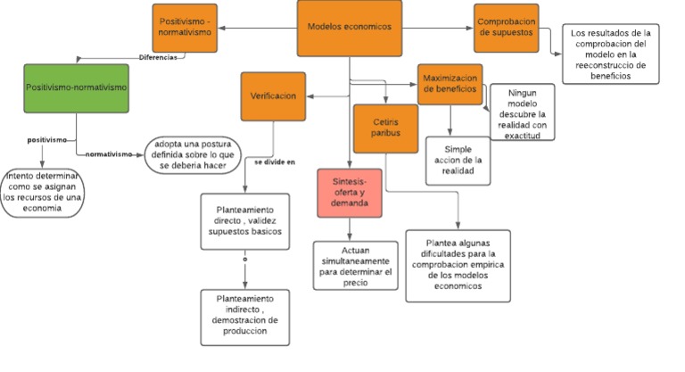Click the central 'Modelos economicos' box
point(349,28)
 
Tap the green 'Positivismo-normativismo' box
point(75,88)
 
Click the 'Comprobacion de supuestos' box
point(506,28)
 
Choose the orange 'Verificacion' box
point(273,95)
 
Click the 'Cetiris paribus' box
point(385,127)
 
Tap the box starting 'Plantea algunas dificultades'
point(458,265)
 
